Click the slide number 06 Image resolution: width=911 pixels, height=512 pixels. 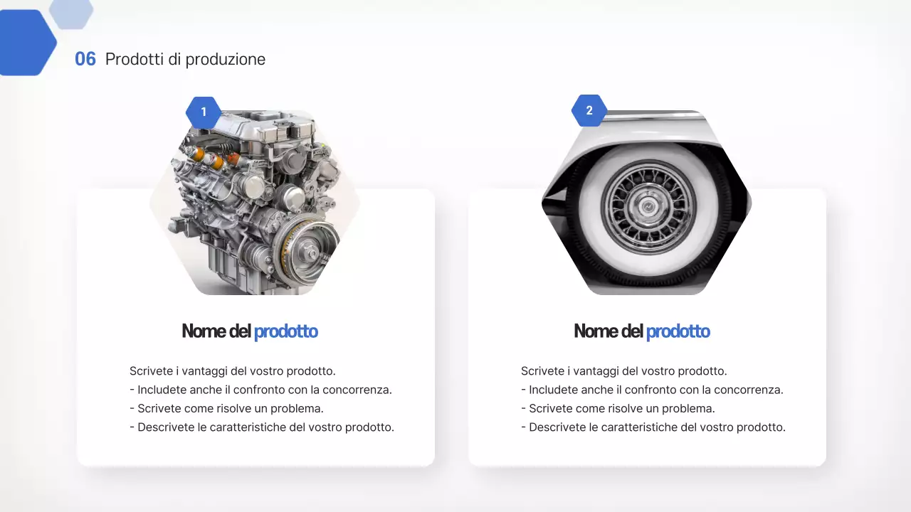point(85,59)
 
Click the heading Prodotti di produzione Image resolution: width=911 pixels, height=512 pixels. point(185,59)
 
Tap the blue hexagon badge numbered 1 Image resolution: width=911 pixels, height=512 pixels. point(204,112)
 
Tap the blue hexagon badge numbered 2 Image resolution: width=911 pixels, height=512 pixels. point(589,111)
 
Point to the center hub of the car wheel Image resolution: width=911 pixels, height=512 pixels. point(647,207)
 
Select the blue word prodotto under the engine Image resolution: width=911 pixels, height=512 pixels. point(285,331)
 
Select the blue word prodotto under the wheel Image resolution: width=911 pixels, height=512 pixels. point(678,331)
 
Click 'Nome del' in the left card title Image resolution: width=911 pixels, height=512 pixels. point(216,331)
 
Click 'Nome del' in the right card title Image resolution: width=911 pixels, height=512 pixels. point(609,331)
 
